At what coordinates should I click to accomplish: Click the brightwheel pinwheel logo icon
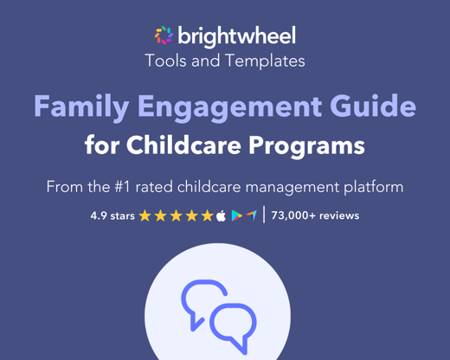(x=164, y=35)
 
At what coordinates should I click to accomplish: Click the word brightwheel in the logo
(x=236, y=35)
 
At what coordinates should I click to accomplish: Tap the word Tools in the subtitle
(x=165, y=61)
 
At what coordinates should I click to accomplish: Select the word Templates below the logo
(x=266, y=61)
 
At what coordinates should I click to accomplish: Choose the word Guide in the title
(x=374, y=107)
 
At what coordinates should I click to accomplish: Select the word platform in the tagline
(x=369, y=187)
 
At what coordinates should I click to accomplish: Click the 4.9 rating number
(x=100, y=215)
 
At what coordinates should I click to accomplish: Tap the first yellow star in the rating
(x=145, y=215)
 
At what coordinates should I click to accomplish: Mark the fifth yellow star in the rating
(x=207, y=215)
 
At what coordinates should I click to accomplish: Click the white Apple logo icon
(x=222, y=215)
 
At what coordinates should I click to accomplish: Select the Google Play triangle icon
(x=236, y=215)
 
